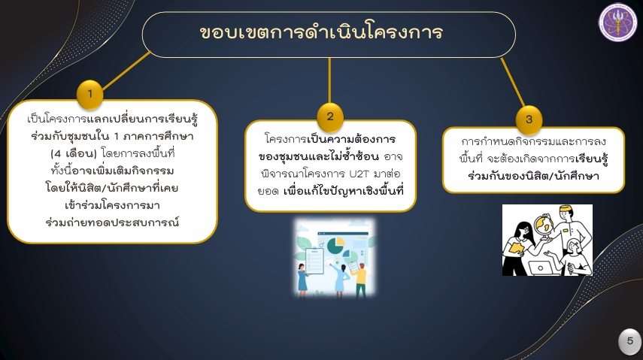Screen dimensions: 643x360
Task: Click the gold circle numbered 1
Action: point(89,94)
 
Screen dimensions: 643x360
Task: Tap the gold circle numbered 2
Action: point(329,116)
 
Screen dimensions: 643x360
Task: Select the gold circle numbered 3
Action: point(529,119)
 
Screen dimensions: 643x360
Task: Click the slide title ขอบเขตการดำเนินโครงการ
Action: point(321,33)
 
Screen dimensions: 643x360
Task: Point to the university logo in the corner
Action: point(617,23)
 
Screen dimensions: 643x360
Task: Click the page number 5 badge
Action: point(630,341)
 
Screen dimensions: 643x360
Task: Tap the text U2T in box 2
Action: point(359,174)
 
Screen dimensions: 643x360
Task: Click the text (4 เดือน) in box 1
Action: point(74,154)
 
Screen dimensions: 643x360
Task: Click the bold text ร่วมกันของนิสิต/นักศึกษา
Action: point(533,177)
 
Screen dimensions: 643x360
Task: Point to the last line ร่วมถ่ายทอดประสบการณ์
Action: point(112,222)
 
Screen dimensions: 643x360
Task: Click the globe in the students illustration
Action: point(544,225)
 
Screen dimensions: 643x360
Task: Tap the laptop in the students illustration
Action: point(541,268)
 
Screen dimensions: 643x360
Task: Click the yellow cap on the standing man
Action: point(566,209)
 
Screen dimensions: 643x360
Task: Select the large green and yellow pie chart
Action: point(335,245)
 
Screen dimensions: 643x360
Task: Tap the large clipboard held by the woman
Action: point(314,260)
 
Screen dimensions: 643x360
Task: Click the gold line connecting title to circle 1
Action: point(126,70)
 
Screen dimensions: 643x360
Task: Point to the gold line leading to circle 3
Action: point(513,82)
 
